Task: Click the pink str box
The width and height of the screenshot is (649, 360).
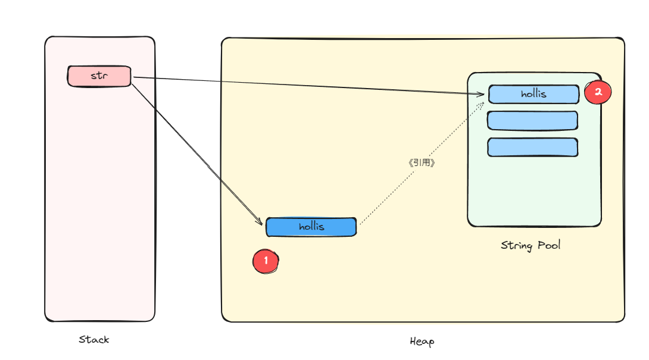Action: (x=99, y=76)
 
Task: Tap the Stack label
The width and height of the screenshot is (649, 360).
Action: (x=94, y=340)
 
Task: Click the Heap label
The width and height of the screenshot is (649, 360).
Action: (x=422, y=342)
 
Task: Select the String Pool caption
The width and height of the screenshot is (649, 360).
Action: (x=531, y=245)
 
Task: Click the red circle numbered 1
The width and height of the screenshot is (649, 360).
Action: (x=266, y=261)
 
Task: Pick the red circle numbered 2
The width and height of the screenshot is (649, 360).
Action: (x=598, y=92)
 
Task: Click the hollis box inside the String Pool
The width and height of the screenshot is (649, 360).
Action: (x=533, y=94)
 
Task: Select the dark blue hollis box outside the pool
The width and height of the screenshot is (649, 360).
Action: (x=311, y=227)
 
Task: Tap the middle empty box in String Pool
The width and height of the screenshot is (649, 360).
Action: (x=532, y=120)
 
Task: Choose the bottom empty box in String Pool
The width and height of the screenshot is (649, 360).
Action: (x=532, y=147)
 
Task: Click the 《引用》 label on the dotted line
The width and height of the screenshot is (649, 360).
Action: (x=422, y=162)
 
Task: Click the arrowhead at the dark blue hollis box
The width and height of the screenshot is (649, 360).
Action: (x=260, y=223)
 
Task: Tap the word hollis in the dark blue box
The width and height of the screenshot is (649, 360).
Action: (x=311, y=227)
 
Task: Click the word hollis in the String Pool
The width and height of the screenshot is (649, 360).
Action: (x=533, y=94)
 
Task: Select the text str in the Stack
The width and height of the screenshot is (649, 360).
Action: (x=99, y=76)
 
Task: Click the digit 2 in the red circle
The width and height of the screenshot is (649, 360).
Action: (x=598, y=92)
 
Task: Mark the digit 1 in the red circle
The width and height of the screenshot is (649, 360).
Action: (x=266, y=261)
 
